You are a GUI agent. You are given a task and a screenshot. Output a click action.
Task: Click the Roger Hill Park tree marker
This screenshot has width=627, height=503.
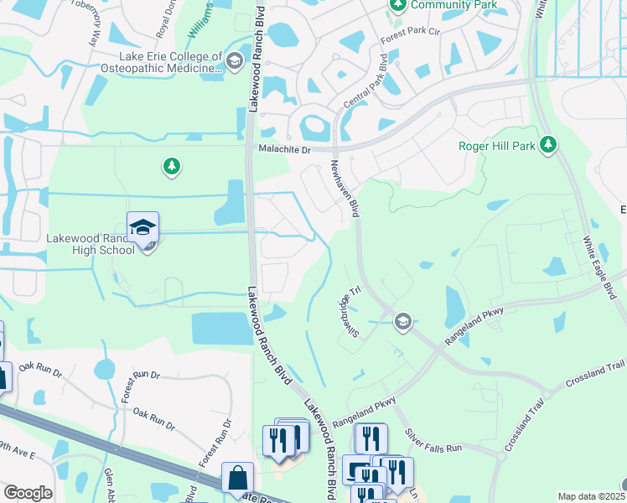548,146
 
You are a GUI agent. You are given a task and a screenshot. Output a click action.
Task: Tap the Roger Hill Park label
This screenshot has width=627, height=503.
496,146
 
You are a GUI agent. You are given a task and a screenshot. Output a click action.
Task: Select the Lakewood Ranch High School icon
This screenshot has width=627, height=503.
143,228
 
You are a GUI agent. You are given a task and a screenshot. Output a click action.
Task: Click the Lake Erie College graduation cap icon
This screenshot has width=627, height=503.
234,60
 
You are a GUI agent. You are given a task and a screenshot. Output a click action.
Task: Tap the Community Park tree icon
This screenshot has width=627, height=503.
397,6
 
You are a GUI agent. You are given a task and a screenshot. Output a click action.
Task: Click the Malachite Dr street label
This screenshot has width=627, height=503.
283,149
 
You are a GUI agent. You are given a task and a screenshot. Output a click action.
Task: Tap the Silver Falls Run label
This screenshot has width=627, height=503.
434,443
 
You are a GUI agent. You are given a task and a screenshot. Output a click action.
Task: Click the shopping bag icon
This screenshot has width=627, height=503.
237,477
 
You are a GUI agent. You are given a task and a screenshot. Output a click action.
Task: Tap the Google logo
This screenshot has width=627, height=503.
28,493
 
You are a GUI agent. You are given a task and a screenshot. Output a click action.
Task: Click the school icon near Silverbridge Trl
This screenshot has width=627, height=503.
402,321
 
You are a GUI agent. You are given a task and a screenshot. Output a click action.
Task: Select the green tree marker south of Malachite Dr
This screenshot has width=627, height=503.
172,168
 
